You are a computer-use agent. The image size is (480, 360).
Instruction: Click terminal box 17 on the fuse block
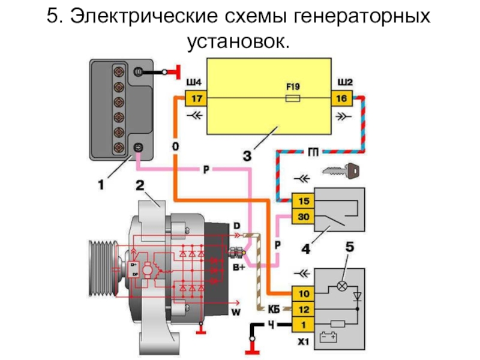point(196,98)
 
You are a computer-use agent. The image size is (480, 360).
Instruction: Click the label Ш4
point(195,82)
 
